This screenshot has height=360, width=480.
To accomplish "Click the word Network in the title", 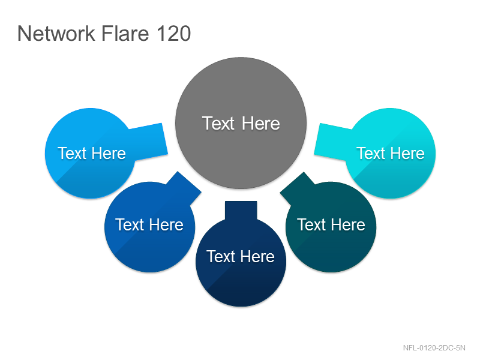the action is point(56,33).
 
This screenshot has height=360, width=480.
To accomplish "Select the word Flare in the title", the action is point(125,33).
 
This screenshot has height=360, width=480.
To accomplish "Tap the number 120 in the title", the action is point(173,33).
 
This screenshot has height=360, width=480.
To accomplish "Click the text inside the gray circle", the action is point(241,124).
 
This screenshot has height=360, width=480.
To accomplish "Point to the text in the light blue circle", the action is point(92,153).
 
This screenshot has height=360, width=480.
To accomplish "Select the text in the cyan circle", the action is point(391,153).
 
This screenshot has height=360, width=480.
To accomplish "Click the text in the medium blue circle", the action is point(149,224).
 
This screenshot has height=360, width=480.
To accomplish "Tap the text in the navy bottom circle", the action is point(241,256).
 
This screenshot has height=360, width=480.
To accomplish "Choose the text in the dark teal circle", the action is point(331,224).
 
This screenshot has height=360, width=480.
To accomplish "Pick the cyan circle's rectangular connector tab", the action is point(332,142).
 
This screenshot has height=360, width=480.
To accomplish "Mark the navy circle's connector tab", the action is point(241,211).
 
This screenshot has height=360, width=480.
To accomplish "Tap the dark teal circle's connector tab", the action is point(297,188).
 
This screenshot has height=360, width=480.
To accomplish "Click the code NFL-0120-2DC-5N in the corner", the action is point(434,348).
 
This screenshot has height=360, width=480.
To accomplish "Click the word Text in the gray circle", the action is point(218,124).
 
